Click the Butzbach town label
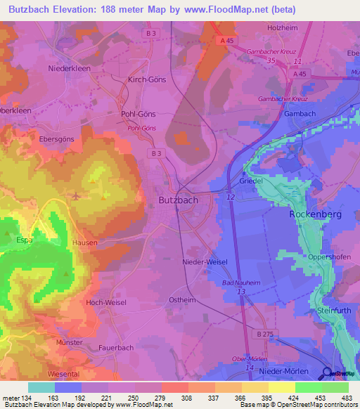(x=173, y=200)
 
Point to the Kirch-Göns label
(x=146, y=79)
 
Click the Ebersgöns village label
(x=56, y=139)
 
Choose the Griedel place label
(x=250, y=181)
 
